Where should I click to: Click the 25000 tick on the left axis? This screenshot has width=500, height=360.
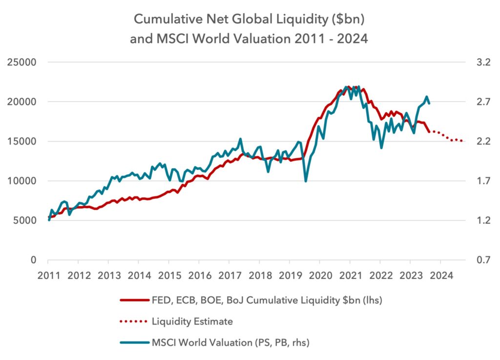point(21,62)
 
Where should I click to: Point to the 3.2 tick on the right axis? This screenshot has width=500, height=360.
point(483,62)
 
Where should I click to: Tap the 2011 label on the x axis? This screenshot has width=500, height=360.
point(48,275)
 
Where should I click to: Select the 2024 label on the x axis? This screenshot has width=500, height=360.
point(441,275)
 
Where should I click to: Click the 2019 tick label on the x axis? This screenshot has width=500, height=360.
point(290,275)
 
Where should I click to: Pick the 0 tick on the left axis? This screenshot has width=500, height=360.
point(33,260)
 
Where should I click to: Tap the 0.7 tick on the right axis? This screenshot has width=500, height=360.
point(483,260)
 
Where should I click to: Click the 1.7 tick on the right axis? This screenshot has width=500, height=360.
point(483,181)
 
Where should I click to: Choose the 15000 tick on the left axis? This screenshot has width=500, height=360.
point(21,141)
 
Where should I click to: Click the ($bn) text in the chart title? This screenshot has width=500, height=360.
point(348,20)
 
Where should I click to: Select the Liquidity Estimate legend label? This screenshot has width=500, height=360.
point(192,321)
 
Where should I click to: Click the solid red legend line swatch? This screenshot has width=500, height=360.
point(135,300)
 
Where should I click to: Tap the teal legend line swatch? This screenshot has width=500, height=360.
point(135,343)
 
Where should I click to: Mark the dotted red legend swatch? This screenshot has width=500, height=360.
point(134,321)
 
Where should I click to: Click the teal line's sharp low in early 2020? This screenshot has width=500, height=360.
point(306,181)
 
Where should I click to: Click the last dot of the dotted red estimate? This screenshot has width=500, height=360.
point(462,141)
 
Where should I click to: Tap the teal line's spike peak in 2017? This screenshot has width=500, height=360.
point(240,139)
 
